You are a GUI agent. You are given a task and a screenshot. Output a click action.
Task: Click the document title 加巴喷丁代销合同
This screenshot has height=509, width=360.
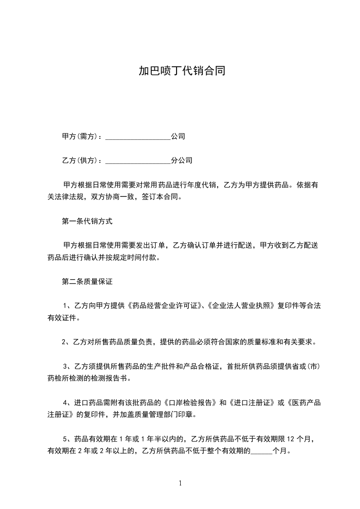pyautogui.click(x=182, y=71)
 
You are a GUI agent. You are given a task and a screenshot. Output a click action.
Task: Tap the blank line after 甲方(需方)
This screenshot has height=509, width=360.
pyautogui.click(x=138, y=137)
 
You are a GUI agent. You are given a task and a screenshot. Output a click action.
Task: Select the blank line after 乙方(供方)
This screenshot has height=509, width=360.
pyautogui.click(x=138, y=161)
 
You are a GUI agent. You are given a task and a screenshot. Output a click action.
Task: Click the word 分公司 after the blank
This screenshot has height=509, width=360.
pyautogui.click(x=182, y=161)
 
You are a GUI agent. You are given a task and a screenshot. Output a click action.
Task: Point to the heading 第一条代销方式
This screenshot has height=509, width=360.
pyautogui.click(x=87, y=221)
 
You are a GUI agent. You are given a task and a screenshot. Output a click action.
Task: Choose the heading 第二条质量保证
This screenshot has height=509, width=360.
pyautogui.click(x=87, y=282)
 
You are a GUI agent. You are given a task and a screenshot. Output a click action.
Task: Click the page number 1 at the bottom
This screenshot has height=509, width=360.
pyautogui.click(x=180, y=483)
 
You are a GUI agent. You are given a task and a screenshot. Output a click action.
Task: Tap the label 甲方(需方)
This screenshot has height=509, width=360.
pyautogui.click(x=79, y=137)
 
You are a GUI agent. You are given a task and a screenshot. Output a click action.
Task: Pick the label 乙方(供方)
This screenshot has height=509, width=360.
pyautogui.click(x=79, y=161)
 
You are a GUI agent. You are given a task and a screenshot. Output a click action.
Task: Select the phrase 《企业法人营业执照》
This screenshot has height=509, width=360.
pyautogui.click(x=241, y=306)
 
